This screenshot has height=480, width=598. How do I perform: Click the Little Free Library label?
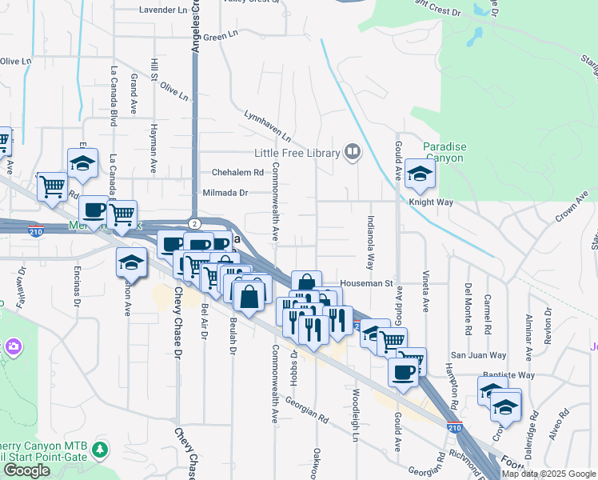(x=297, y=153)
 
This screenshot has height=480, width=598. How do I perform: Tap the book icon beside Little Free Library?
(x=352, y=151)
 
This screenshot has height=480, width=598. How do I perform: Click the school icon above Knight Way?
(x=420, y=172)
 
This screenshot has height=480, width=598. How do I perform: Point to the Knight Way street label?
(x=432, y=202)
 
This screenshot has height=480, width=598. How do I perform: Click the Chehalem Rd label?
(x=237, y=172)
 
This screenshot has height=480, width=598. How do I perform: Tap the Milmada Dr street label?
(x=226, y=193)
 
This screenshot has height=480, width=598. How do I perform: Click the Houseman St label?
(x=367, y=282)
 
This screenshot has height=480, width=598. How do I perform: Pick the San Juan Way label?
(x=478, y=355)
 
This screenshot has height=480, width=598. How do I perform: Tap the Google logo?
(x=26, y=470)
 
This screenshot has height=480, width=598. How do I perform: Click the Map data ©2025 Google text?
(x=548, y=474)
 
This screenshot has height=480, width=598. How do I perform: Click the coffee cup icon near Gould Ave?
(x=404, y=372)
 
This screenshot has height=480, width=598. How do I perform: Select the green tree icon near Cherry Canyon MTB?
(x=100, y=449)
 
